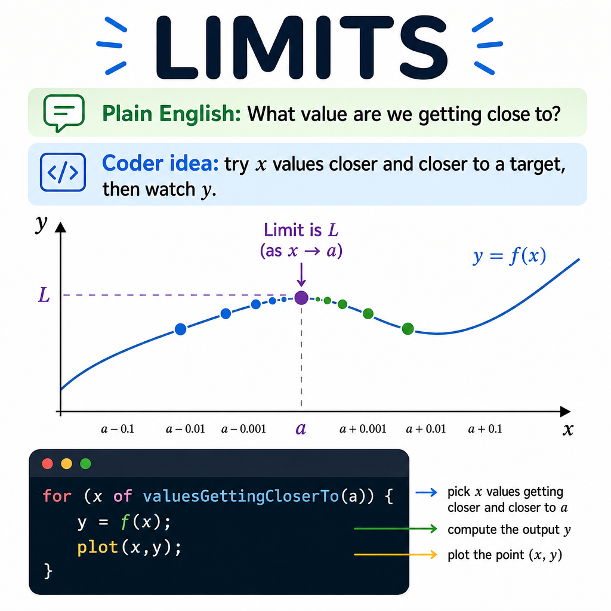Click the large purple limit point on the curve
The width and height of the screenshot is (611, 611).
(x=301, y=298)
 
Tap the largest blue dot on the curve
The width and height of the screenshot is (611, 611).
(x=180, y=329)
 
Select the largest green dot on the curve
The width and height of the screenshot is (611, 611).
(x=408, y=329)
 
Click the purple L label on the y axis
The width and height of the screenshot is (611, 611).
(x=44, y=295)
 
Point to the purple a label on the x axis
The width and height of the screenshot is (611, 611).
(x=301, y=429)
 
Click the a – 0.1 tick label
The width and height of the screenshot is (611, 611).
(x=118, y=429)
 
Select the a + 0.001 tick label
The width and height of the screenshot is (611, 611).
(x=363, y=429)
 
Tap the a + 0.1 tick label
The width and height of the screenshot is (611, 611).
(x=485, y=429)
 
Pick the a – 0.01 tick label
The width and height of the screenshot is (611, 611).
(x=186, y=429)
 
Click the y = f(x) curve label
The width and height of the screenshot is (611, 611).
(x=510, y=256)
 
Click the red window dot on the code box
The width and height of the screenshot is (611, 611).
(x=48, y=464)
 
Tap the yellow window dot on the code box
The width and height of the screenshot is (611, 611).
(x=67, y=464)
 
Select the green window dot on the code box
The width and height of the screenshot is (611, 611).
(x=86, y=464)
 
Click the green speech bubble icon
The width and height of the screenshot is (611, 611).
(x=64, y=113)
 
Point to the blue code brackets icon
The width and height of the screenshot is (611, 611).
(x=63, y=172)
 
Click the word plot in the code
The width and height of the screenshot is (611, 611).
(x=97, y=548)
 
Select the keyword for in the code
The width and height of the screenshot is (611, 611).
(x=57, y=496)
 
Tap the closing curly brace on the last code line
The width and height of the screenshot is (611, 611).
(x=48, y=572)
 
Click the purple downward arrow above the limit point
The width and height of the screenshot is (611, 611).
(x=301, y=274)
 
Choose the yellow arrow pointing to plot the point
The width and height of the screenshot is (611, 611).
(x=395, y=554)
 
